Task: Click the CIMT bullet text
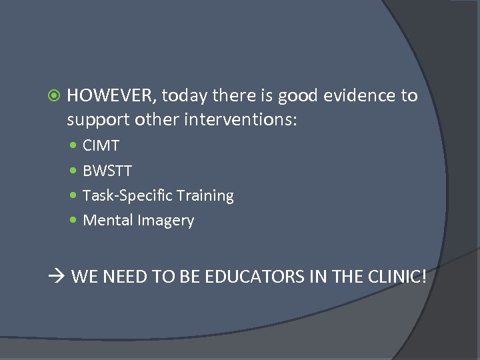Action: (101, 146)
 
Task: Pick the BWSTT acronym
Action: (107, 171)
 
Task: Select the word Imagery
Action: (166, 221)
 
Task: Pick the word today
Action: (185, 96)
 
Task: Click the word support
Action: (98, 120)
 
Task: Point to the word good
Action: (298, 96)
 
